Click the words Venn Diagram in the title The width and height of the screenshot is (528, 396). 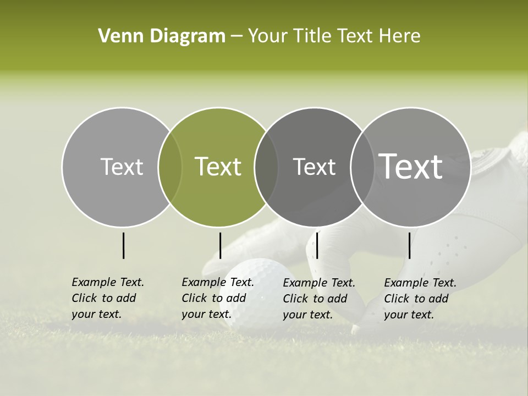(162, 36)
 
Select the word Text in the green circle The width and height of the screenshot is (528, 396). (218, 167)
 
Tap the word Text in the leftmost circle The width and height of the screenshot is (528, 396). (122, 167)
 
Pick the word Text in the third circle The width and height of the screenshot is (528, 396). (314, 167)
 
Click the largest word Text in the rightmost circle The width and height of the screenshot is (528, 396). (411, 167)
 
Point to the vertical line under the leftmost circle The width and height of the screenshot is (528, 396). (124, 245)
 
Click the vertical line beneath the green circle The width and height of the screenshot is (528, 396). (220, 245)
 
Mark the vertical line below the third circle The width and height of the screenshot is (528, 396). (317, 245)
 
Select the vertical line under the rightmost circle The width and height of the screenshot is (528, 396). (410, 245)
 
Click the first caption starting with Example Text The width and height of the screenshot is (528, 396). (107, 298)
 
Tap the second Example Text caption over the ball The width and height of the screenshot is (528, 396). (217, 298)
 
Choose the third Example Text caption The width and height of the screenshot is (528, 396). (318, 299)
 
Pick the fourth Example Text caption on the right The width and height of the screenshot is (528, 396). (420, 299)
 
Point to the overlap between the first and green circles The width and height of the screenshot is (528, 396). (170, 167)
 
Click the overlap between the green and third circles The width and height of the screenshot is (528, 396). (266, 167)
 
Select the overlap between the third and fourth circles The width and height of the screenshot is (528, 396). (361, 167)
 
